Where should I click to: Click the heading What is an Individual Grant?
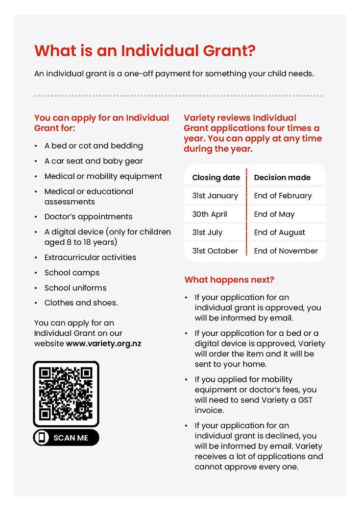pos(145,51)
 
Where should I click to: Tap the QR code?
pos(66,393)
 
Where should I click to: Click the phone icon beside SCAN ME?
pos(42,438)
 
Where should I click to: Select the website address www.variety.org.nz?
pos(103,343)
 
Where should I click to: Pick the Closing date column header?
pos(216,178)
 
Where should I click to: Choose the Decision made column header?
pos(282,178)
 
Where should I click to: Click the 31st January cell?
pos(215,196)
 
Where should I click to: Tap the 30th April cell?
pos(209,214)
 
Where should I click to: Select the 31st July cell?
pos(207,233)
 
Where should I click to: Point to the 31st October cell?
pos(215,251)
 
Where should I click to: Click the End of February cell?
pos(282,196)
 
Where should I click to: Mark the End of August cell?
pos(279,233)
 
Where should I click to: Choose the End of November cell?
pos(285,251)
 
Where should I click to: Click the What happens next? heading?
pos(229,280)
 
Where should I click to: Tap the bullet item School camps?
pos(72,273)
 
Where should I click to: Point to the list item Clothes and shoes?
pos(81,303)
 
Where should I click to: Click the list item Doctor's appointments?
pos(88,217)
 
